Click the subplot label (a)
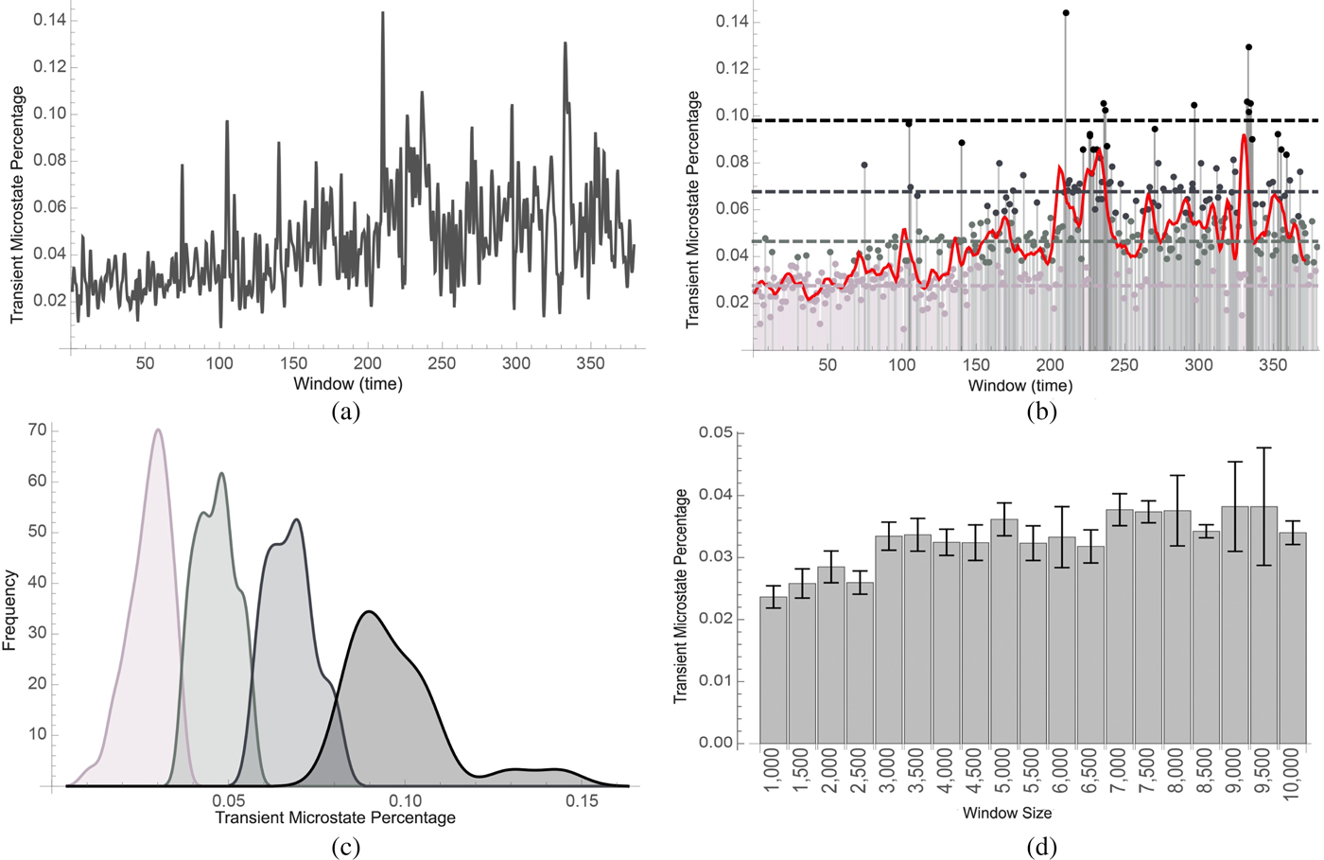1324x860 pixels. (x=346, y=411)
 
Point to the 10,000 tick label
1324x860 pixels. (x=1293, y=777)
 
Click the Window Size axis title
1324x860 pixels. (x=1007, y=813)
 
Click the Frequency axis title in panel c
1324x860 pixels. (x=10, y=609)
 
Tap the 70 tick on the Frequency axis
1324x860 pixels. (x=38, y=430)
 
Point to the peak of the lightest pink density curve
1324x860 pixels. (x=158, y=430)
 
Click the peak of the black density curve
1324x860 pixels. (x=370, y=612)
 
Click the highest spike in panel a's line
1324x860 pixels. (x=382, y=12)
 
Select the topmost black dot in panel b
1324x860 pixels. (x=1066, y=13)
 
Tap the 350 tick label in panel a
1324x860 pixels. (x=590, y=363)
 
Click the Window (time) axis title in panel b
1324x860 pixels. (x=1020, y=386)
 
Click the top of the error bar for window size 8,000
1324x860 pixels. (x=1177, y=476)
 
